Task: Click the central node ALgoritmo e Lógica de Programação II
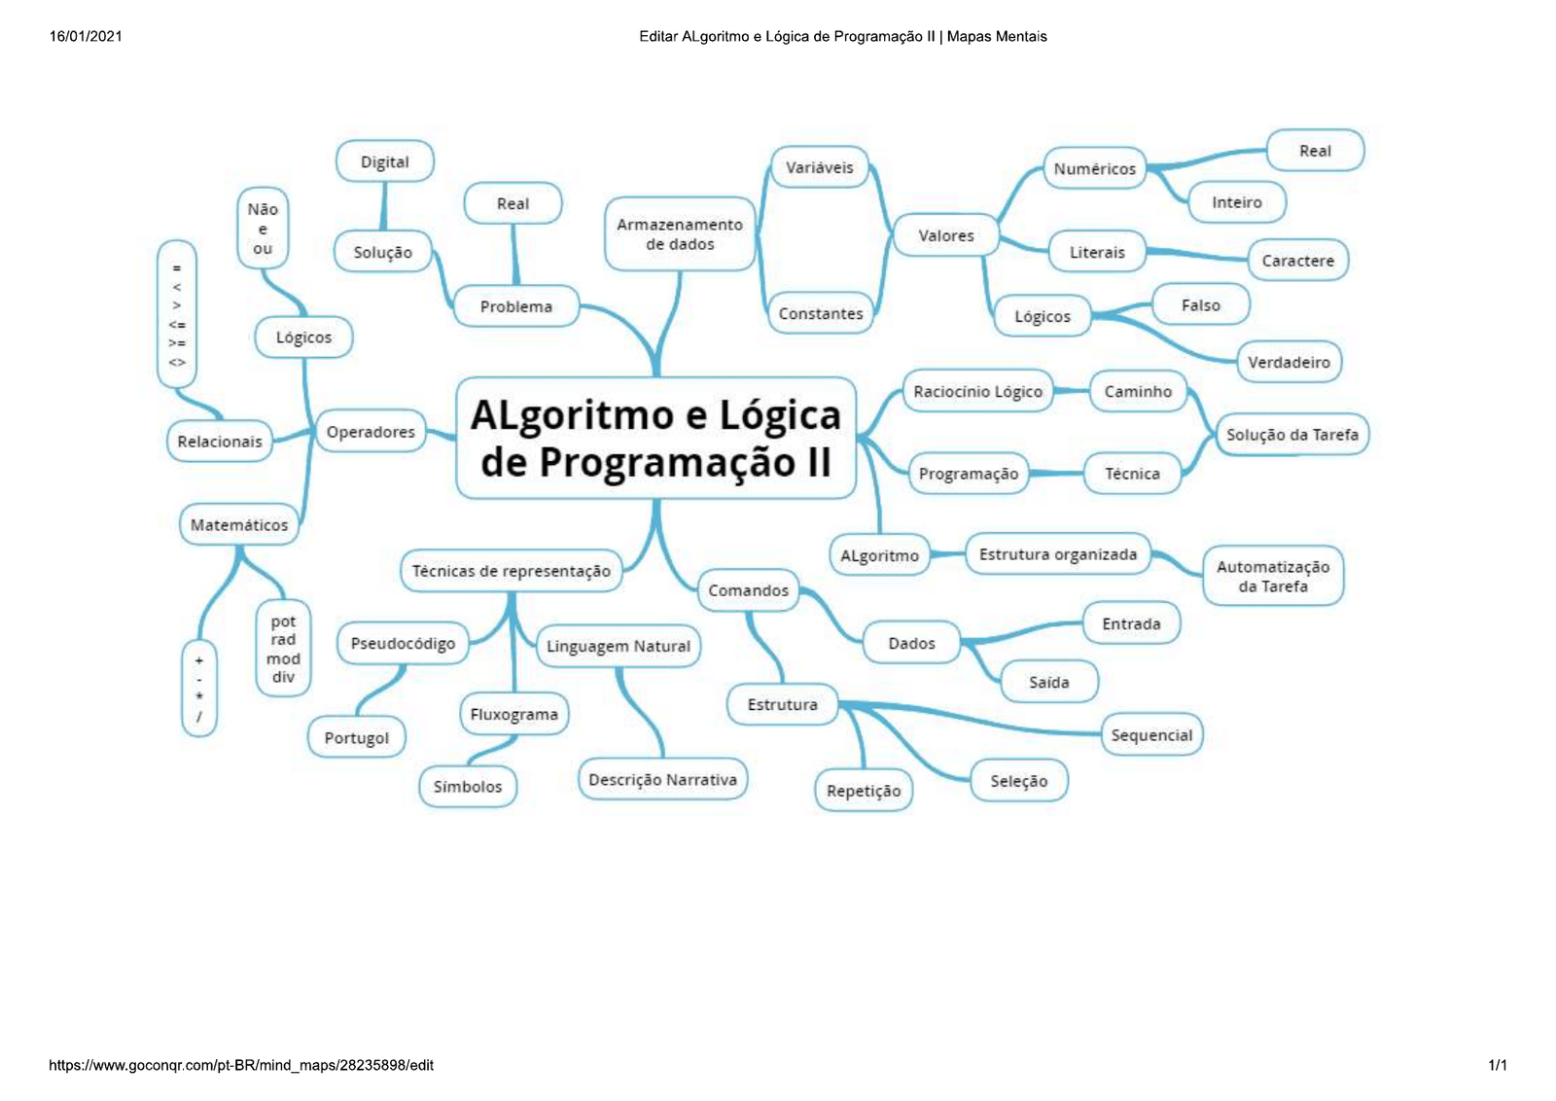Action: pos(655,439)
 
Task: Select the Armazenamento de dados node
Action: pos(680,234)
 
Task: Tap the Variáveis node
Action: pos(820,167)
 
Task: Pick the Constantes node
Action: pos(821,313)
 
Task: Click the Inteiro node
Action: pos(1236,202)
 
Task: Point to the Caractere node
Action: pos(1297,261)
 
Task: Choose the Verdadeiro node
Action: pos(1289,362)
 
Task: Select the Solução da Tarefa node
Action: pos(1291,435)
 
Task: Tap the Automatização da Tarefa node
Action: pos(1272,576)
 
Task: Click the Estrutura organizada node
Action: pos(1057,554)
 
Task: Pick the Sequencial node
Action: pos(1151,735)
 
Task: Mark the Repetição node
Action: pos(864,791)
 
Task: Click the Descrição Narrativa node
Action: pos(662,780)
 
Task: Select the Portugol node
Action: pos(357,738)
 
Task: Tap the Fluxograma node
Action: pos(513,714)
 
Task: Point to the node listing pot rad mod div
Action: pos(283,649)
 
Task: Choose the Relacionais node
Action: pos(220,442)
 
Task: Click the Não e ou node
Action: pos(263,229)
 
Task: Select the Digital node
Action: pos(384,161)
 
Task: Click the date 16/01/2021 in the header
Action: pos(86,37)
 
